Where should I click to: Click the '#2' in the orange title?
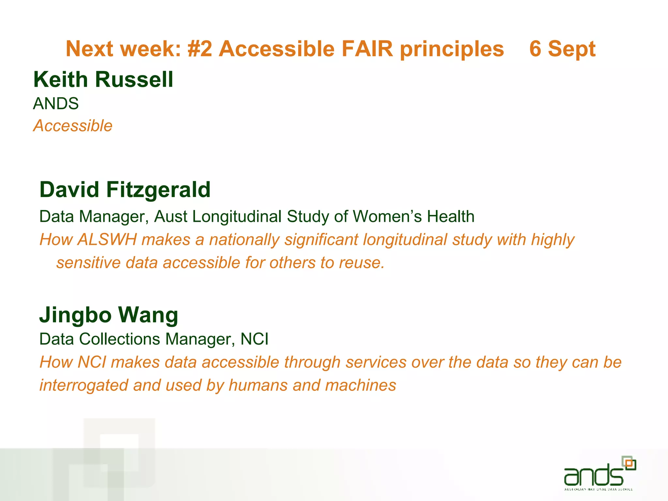(200, 49)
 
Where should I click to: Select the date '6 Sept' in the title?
(562, 49)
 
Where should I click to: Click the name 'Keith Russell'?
(103, 79)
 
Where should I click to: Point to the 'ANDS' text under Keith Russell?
(56, 104)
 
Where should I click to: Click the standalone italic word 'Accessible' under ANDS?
(73, 126)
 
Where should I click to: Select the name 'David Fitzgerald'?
(125, 190)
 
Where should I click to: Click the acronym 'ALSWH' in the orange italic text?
(107, 240)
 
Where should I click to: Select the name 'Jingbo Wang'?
(109, 315)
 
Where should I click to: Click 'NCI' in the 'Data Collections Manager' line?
(254, 339)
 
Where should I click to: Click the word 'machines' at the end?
(360, 385)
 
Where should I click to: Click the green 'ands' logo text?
(593, 475)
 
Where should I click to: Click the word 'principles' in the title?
(452, 49)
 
